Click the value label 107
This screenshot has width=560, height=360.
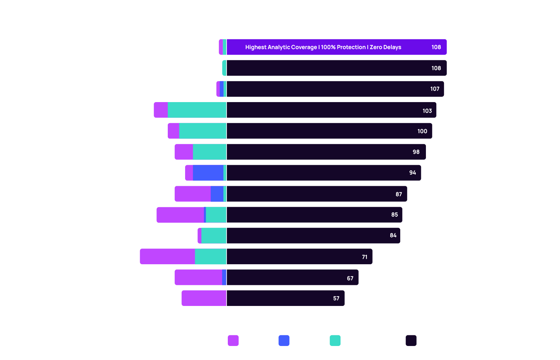pos(435,89)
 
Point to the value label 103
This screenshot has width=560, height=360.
pos(427,111)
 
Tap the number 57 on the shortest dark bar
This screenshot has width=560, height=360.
pos(336,298)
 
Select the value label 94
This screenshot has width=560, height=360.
pos(413,172)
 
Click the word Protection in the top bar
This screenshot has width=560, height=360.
pos(351,47)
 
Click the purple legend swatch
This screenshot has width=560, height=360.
pos(233,340)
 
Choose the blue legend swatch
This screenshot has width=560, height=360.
pos(284,340)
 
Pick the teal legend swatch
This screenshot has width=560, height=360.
pos(335,340)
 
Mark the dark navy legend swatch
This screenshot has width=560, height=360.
pos(411,340)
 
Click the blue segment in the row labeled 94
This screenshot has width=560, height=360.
pos(208,173)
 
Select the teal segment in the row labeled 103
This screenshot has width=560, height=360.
pos(197,110)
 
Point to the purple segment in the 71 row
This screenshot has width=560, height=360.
pos(167,257)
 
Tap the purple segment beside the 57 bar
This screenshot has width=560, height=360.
pos(204,298)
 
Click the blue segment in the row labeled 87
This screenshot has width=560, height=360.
pos(217,194)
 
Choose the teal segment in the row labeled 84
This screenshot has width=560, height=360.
pos(213,236)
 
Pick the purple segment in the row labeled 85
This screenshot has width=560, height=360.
pos(180,215)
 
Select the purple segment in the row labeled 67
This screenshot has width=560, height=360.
pos(198,277)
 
